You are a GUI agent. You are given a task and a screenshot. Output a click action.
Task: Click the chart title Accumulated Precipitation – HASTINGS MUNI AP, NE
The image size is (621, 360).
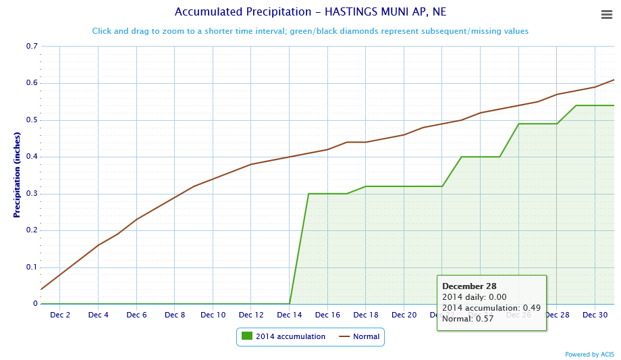click(310, 12)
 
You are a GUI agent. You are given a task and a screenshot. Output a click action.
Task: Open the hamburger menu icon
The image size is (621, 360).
click(606, 15)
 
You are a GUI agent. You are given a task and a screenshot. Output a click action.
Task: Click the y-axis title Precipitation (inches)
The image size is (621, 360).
click(17, 175)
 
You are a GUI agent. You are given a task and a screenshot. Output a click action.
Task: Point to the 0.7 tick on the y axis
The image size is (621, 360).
click(32, 47)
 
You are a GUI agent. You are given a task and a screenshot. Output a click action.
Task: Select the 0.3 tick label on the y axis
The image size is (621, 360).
click(32, 194)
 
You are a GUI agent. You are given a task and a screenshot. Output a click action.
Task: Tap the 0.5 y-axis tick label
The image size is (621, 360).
click(32, 120)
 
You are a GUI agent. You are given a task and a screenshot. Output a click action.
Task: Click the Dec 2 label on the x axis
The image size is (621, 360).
click(60, 315)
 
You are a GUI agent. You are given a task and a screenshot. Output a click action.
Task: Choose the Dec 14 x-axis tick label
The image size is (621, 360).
click(290, 315)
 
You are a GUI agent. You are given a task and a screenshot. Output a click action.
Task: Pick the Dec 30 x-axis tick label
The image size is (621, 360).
click(595, 315)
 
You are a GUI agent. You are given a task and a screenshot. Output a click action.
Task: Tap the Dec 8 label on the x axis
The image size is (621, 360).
click(175, 315)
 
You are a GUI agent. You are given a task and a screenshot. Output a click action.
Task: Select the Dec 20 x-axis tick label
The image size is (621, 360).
click(404, 315)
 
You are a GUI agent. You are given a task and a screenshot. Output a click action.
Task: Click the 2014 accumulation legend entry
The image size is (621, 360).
click(283, 336)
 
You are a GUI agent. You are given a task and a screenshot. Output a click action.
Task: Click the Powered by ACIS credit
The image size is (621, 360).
click(589, 354)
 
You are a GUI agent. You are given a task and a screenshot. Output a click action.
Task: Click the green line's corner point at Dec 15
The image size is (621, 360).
click(308, 194)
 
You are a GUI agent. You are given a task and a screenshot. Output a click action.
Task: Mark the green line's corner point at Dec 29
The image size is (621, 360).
click(576, 105)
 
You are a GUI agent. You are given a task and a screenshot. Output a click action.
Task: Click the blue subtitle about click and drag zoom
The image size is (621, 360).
click(310, 31)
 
